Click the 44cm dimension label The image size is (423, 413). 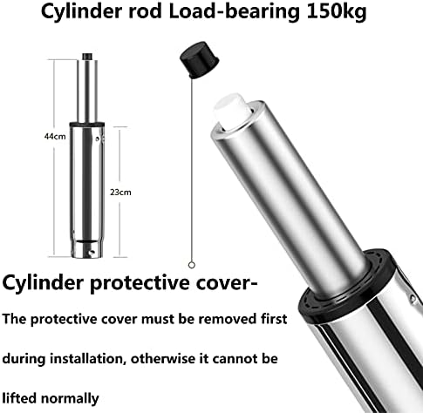pyautogui.click(x=55, y=136)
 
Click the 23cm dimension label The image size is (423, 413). pyautogui.click(x=120, y=193)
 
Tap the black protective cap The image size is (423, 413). pyautogui.click(x=200, y=59)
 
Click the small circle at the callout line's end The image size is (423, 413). pyautogui.click(x=191, y=265)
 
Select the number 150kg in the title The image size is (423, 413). pyautogui.click(x=337, y=11)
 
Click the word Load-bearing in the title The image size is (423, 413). pyautogui.click(x=235, y=11)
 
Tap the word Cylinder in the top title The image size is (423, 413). pyautogui.click(x=81, y=11)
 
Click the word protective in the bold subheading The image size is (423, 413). pyautogui.click(x=140, y=283)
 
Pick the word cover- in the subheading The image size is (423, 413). pyautogui.click(x=227, y=283)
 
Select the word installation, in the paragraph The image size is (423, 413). pyautogui.click(x=89, y=359)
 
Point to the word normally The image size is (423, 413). pyautogui.click(x=70, y=399)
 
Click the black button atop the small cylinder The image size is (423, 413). pyautogui.click(x=87, y=57)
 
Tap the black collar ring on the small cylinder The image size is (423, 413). pyautogui.click(x=87, y=125)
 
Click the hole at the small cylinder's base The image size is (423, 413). pyautogui.click(x=92, y=253)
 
